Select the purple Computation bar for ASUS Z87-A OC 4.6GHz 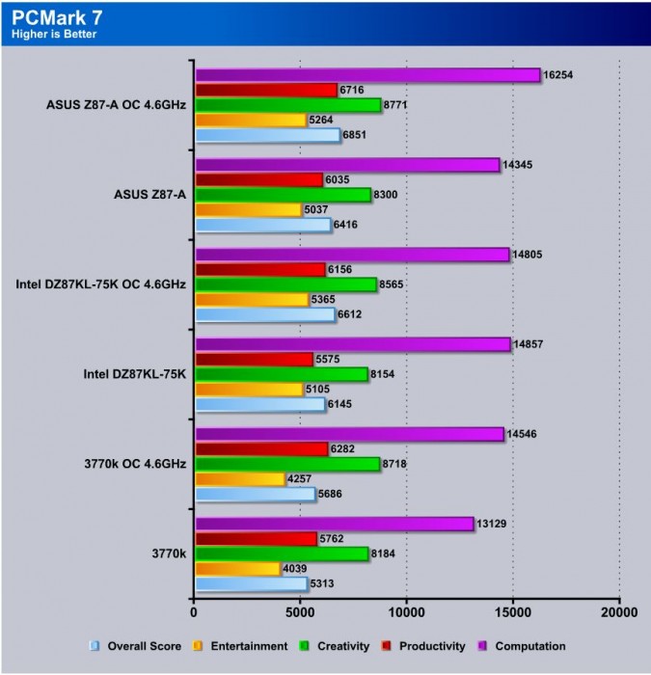tap(367, 74)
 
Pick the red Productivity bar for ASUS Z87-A tap(259, 179)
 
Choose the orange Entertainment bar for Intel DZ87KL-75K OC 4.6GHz tap(252, 300)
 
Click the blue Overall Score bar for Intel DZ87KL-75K tap(260, 404)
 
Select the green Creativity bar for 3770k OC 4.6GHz tap(287, 464)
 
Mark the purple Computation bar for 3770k tap(335, 524)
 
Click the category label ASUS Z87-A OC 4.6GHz tap(116, 104)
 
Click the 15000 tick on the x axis tap(512, 610)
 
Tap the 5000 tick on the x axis tap(300, 610)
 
